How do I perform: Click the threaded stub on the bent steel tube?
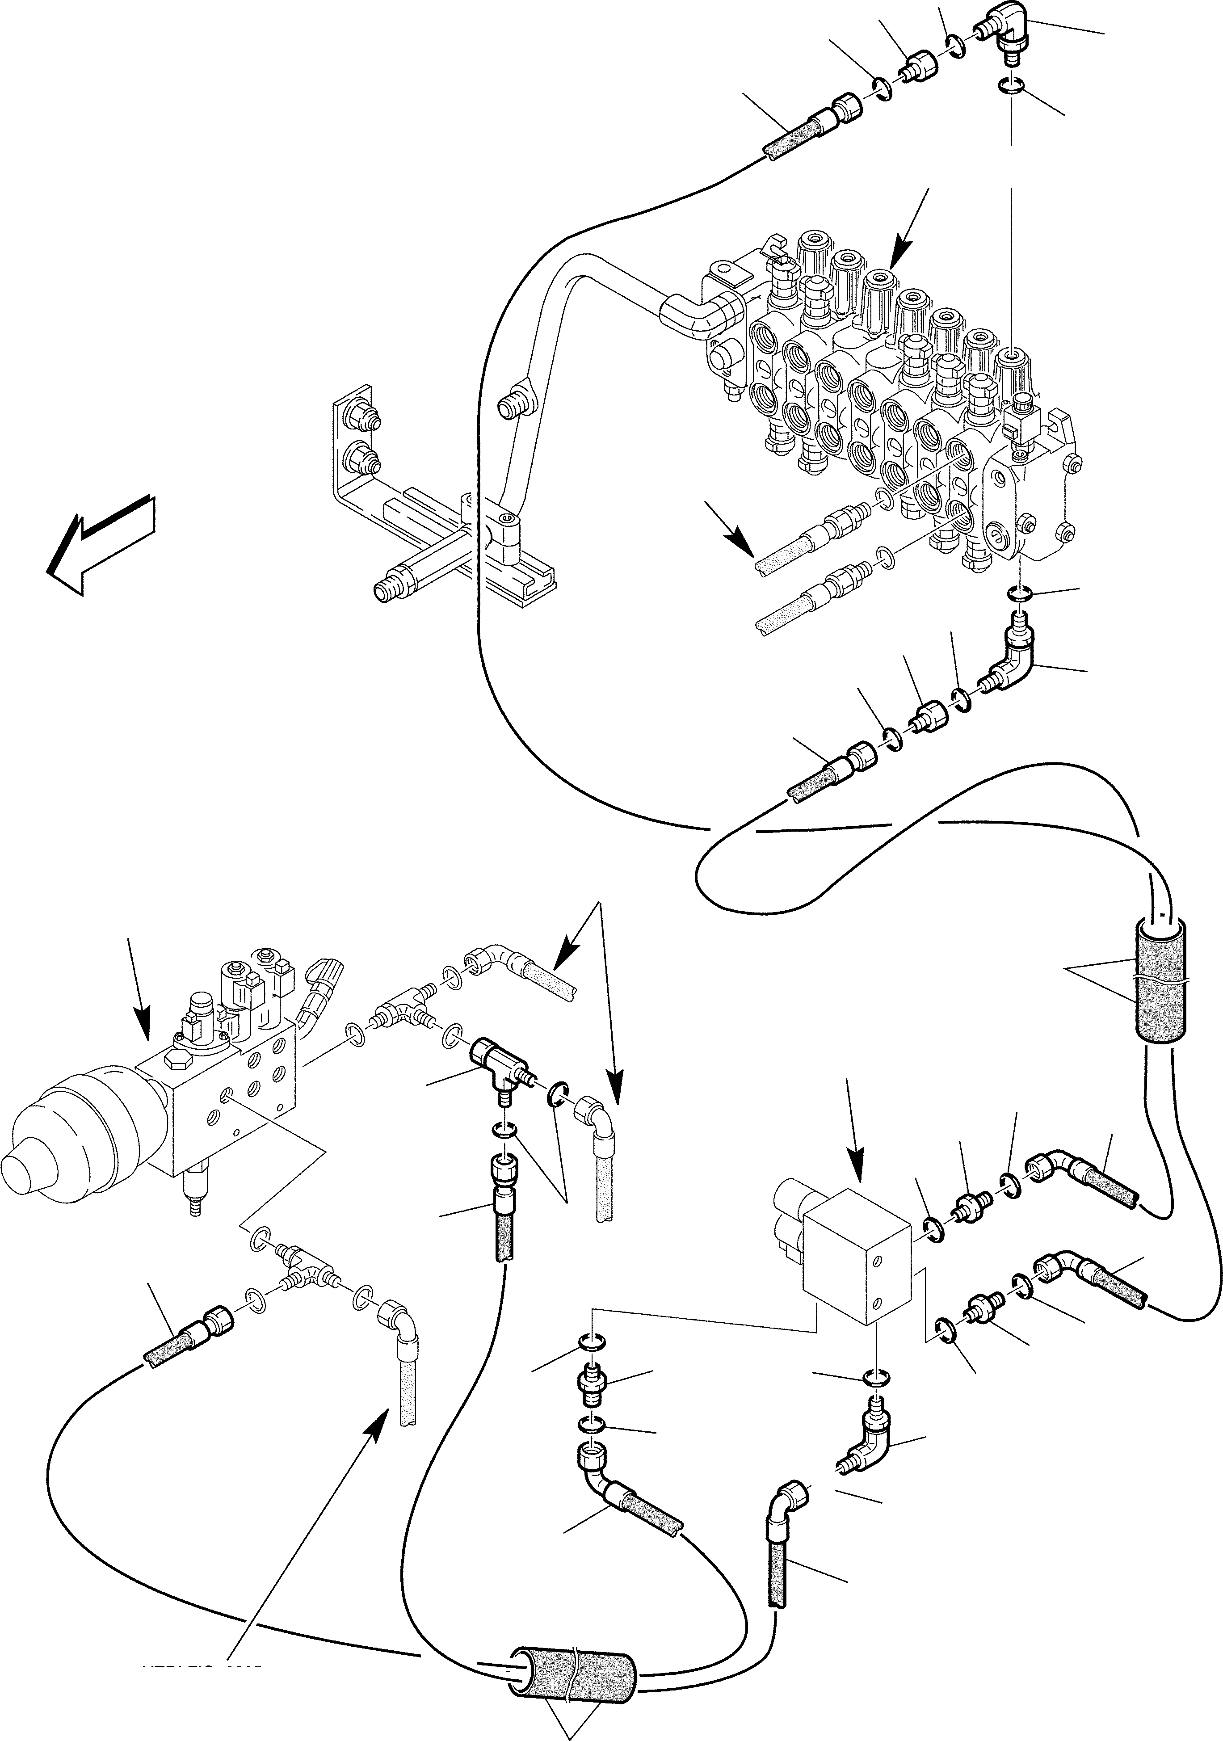(509, 407)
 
